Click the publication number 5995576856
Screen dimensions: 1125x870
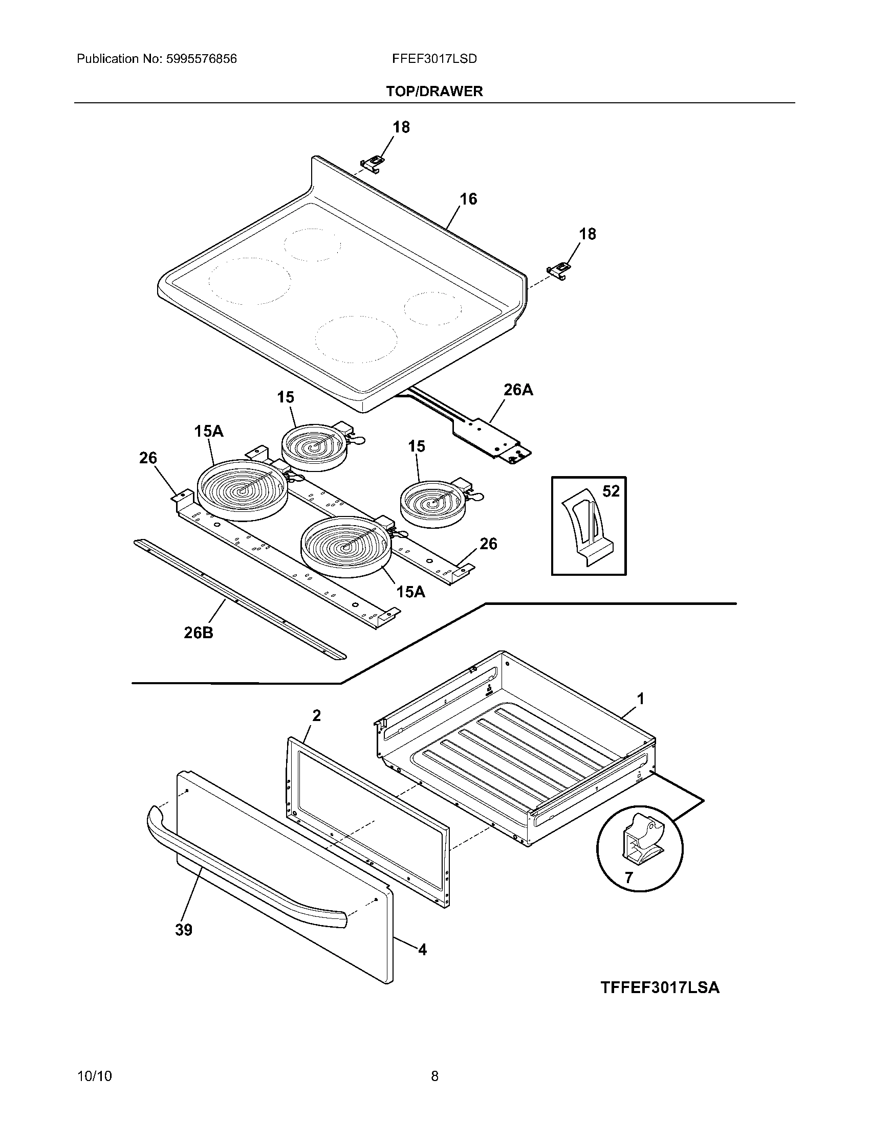pyautogui.click(x=201, y=59)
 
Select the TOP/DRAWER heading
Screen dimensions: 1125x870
pyautogui.click(x=434, y=92)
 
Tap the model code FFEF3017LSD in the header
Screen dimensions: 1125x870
pyautogui.click(x=434, y=59)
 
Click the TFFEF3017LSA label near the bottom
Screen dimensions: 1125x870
pyautogui.click(x=659, y=987)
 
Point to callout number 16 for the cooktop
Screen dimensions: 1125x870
pyautogui.click(x=468, y=199)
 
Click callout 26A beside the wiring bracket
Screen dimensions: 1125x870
pyautogui.click(x=518, y=390)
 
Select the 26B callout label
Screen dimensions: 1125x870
pyautogui.click(x=199, y=633)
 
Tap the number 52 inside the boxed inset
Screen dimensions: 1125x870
pyautogui.click(x=611, y=491)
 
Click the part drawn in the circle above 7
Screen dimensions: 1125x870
pyautogui.click(x=642, y=841)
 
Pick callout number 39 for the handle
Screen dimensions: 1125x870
pyautogui.click(x=184, y=930)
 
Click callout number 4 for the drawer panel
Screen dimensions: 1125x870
pyautogui.click(x=422, y=950)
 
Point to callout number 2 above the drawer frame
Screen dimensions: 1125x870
pyautogui.click(x=316, y=715)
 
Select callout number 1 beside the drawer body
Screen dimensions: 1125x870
pyautogui.click(x=641, y=699)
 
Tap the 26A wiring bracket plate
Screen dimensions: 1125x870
pyautogui.click(x=487, y=435)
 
